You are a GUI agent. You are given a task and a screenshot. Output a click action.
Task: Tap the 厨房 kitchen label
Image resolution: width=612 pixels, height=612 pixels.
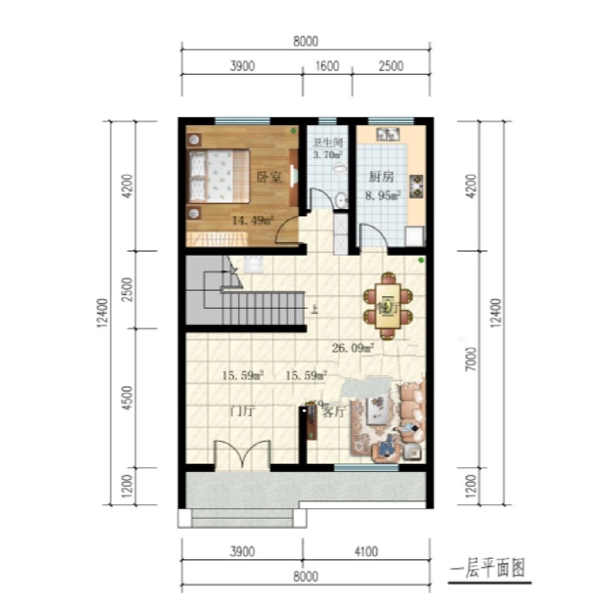381,177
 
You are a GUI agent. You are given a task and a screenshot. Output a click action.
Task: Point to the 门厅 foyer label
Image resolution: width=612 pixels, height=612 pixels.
241,411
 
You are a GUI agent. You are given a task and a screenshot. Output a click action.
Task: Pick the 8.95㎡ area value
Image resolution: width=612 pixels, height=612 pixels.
382,196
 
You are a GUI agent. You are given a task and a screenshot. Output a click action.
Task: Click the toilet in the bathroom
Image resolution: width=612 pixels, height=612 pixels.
340,168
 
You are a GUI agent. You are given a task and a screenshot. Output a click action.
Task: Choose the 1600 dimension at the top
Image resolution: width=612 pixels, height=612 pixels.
327,66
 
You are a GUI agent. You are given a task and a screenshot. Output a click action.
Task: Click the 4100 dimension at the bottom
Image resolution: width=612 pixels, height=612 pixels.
366,551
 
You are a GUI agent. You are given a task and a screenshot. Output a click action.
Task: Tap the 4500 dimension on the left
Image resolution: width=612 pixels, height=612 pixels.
127,398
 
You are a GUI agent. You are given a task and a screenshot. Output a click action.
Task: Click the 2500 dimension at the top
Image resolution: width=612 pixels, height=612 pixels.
390,66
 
